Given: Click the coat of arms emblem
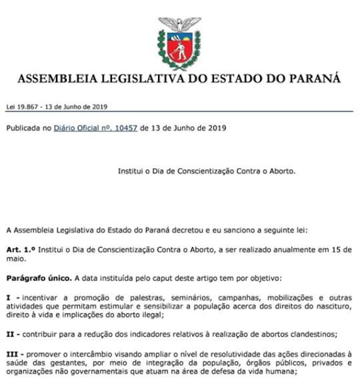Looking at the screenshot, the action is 179,44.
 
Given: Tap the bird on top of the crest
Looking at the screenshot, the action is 179,25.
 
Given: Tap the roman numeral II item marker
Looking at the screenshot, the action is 12,333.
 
